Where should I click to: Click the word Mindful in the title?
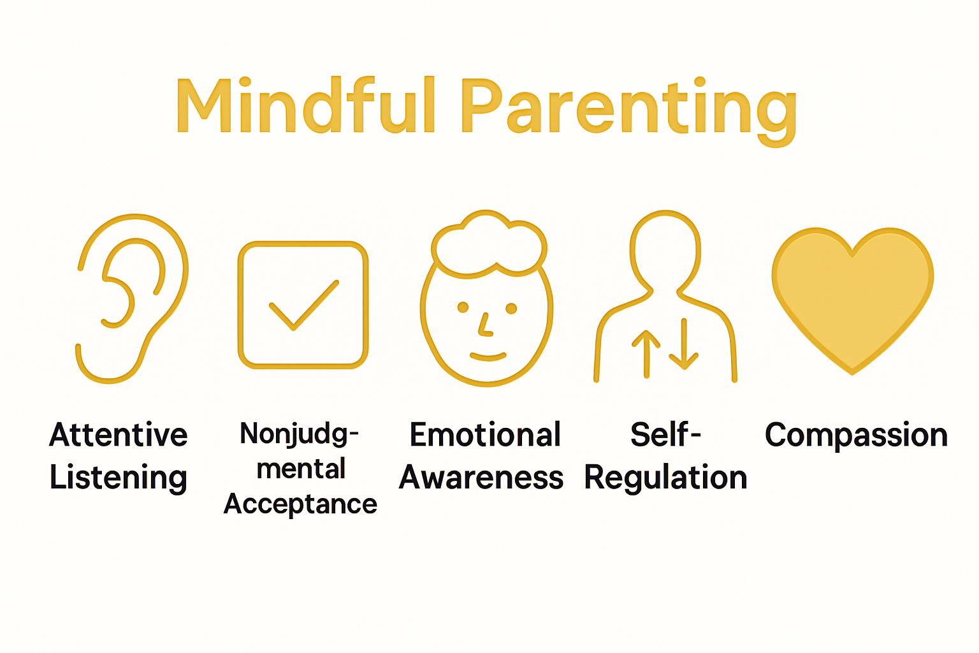306,105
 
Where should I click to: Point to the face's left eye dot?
463,308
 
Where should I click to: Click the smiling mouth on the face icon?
488,356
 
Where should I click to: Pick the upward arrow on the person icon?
646,354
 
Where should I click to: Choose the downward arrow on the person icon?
684,344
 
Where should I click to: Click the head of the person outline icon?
665,249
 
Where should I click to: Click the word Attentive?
119,435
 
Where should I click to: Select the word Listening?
119,478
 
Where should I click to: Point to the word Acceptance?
300,504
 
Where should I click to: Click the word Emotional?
485,435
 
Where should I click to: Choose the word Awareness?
481,478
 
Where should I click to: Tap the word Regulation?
665,478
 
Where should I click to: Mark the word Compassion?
856,436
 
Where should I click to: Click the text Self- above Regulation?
665,435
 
